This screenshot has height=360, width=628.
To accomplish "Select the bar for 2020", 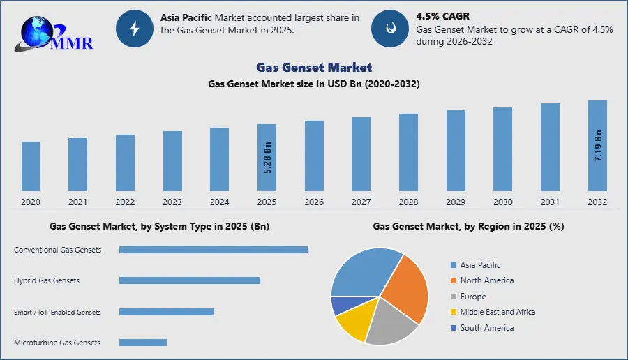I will click(31, 166).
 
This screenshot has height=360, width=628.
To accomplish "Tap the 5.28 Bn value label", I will click(267, 158).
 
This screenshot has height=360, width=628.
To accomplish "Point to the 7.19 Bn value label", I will click(598, 146).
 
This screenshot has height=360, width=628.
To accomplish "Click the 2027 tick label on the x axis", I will click(361, 202).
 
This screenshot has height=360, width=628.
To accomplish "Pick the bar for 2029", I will click(456, 150).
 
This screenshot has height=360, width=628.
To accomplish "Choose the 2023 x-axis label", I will click(172, 202).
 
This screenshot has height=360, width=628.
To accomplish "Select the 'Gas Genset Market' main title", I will click(314, 68).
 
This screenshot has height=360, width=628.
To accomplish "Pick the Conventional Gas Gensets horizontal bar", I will click(214, 250).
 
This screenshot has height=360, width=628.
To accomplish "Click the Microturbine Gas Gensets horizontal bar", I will click(143, 343).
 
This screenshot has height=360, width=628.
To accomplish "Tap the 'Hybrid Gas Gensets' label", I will click(47, 280).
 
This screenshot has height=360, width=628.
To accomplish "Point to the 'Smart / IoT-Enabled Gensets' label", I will click(57, 312).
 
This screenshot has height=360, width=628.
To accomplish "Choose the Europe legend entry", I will click(473, 297).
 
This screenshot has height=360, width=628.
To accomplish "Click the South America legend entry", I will click(486, 327).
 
